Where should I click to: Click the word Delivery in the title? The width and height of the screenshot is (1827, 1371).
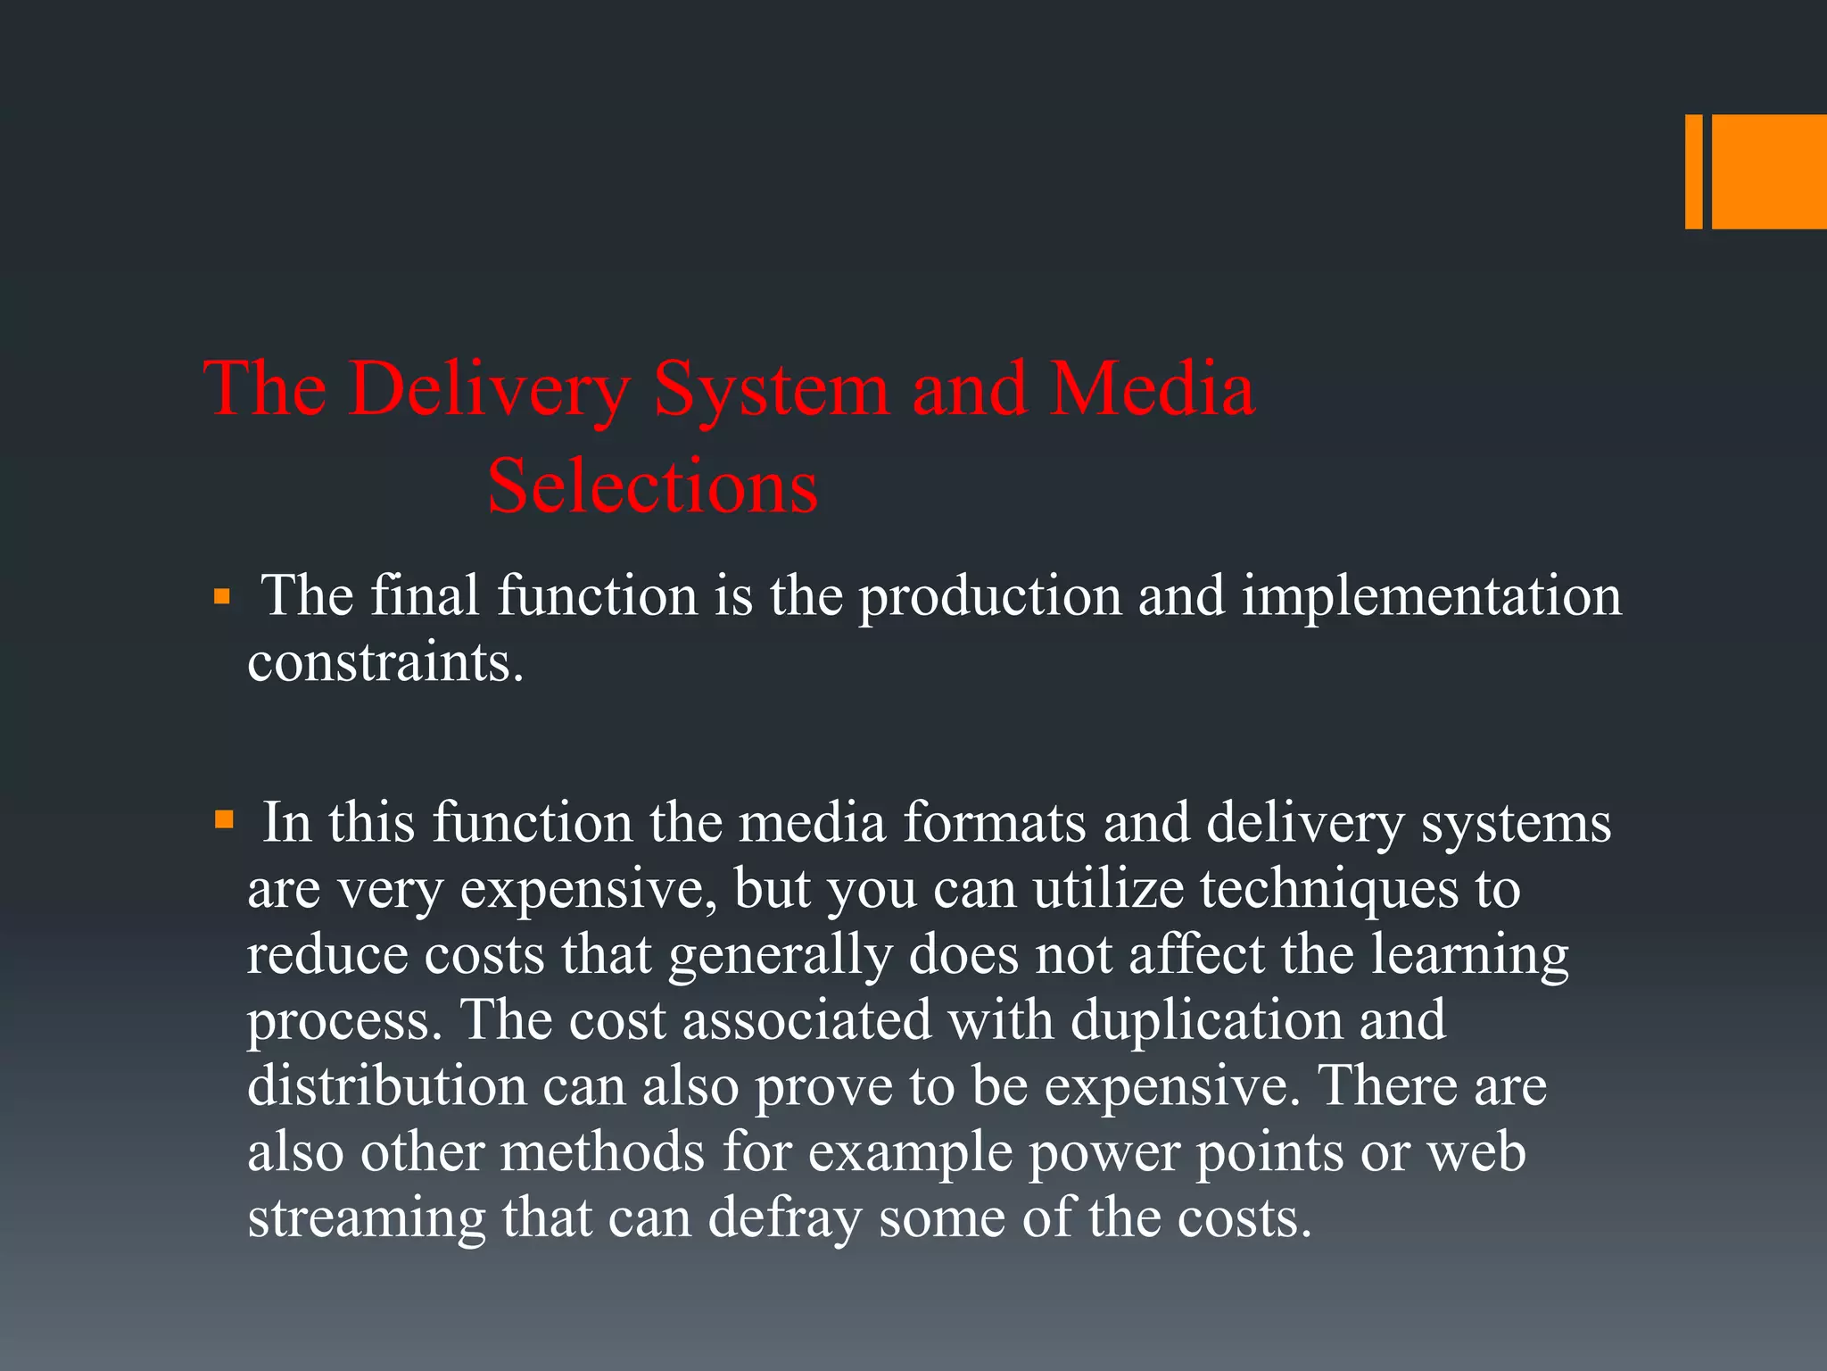point(489,389)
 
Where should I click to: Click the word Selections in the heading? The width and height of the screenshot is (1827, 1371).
point(652,486)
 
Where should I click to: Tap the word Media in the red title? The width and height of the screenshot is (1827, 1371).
point(1153,389)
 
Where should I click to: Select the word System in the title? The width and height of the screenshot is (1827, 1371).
point(772,389)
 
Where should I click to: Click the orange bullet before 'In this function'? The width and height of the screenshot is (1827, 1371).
point(223,819)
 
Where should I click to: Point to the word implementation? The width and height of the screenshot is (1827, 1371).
point(1431,596)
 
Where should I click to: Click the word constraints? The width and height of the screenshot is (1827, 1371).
point(384,662)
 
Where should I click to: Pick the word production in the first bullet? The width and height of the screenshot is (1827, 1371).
point(989,596)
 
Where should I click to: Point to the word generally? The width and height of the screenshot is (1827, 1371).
point(780,955)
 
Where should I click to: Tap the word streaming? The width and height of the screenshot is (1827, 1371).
point(366,1218)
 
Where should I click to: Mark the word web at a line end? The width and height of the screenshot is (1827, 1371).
point(1476,1152)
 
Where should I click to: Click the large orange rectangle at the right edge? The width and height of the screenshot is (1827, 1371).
point(1768,171)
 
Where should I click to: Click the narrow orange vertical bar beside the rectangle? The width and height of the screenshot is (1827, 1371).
point(1693,171)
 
